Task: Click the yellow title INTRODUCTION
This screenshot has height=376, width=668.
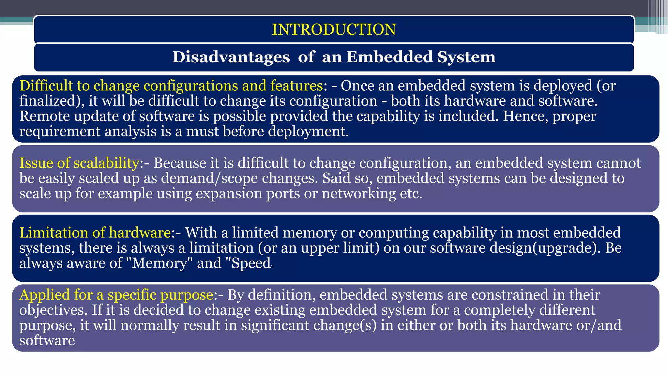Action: coord(334,29)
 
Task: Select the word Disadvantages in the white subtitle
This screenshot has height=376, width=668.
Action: coord(231,57)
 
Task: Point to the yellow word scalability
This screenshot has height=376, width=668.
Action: coord(106,163)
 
